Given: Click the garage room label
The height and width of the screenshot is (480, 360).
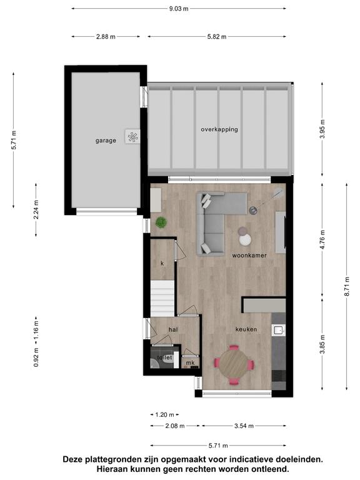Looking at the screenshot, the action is point(106,141).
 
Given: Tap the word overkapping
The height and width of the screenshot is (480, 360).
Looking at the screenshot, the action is point(219,129).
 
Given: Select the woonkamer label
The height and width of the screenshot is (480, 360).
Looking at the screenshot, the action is point(249,255).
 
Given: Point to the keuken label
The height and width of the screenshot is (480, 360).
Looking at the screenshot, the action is point(246,329).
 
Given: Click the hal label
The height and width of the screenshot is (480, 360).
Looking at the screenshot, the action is point(173,330).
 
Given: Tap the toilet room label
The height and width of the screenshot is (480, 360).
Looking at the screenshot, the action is point(165,357).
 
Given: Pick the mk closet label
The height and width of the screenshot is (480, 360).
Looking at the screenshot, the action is point(191,363).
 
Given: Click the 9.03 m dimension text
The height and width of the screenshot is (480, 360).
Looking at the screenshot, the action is point(179,9).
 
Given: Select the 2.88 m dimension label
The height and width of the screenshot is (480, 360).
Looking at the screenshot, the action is point(106,37).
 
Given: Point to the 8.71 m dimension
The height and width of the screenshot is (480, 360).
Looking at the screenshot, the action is point(347,286).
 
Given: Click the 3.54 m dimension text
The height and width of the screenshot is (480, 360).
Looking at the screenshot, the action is point(244,426).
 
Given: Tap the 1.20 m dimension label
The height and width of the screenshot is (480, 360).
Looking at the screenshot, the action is point(164,415).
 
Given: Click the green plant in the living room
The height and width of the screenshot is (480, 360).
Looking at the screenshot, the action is point(161,222).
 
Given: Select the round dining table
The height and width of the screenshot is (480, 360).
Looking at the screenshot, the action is point(234,364).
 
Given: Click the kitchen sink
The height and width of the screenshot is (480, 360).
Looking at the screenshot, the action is point(279,330).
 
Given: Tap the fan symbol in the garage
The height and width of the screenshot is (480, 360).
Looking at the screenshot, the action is point(132,137).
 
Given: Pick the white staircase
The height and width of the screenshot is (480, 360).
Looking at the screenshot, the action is point(162,299).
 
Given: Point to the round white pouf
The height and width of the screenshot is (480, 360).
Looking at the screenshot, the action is point(245,240).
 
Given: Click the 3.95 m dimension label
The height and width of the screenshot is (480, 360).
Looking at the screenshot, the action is point(322,129).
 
